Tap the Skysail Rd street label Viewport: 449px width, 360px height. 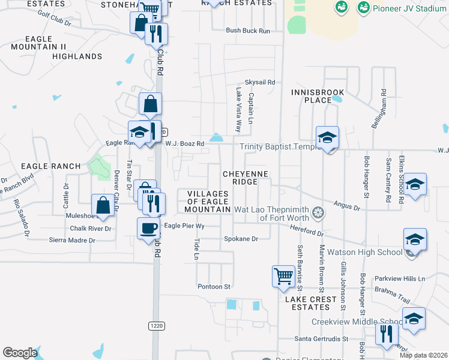[259, 82]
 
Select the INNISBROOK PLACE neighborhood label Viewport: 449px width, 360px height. [318, 96]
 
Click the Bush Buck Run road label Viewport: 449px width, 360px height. [248, 31]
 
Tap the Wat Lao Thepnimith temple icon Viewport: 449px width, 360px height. [319, 212]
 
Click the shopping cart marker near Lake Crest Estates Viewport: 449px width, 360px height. [283, 277]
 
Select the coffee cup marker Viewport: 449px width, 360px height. [148, 229]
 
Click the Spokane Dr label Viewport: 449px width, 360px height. [242, 239]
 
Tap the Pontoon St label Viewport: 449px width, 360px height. [214, 287]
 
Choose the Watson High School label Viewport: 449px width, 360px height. [372, 252]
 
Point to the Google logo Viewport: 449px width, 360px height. [20, 353]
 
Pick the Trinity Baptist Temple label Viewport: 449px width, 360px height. [277, 147]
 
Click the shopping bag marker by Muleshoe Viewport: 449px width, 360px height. [103, 206]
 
